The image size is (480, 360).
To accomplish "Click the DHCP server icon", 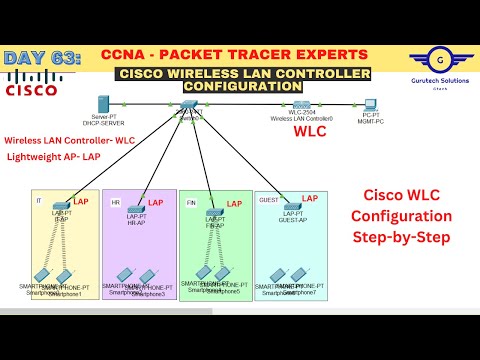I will point(102,103).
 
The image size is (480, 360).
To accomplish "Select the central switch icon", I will point(190,104).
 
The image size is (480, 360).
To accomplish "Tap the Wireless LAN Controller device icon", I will point(301,104).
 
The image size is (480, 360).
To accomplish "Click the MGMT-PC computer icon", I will point(370,104).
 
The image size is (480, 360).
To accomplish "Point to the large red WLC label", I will point(310,131).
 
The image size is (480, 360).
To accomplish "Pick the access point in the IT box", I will point(61,206).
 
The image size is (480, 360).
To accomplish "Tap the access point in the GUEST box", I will point(292,206).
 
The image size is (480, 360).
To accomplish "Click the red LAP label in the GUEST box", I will point(310,198).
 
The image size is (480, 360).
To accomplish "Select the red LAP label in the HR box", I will point(156,203).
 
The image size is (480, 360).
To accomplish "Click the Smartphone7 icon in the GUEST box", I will point(297,275).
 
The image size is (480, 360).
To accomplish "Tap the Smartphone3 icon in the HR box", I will point(146,276).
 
